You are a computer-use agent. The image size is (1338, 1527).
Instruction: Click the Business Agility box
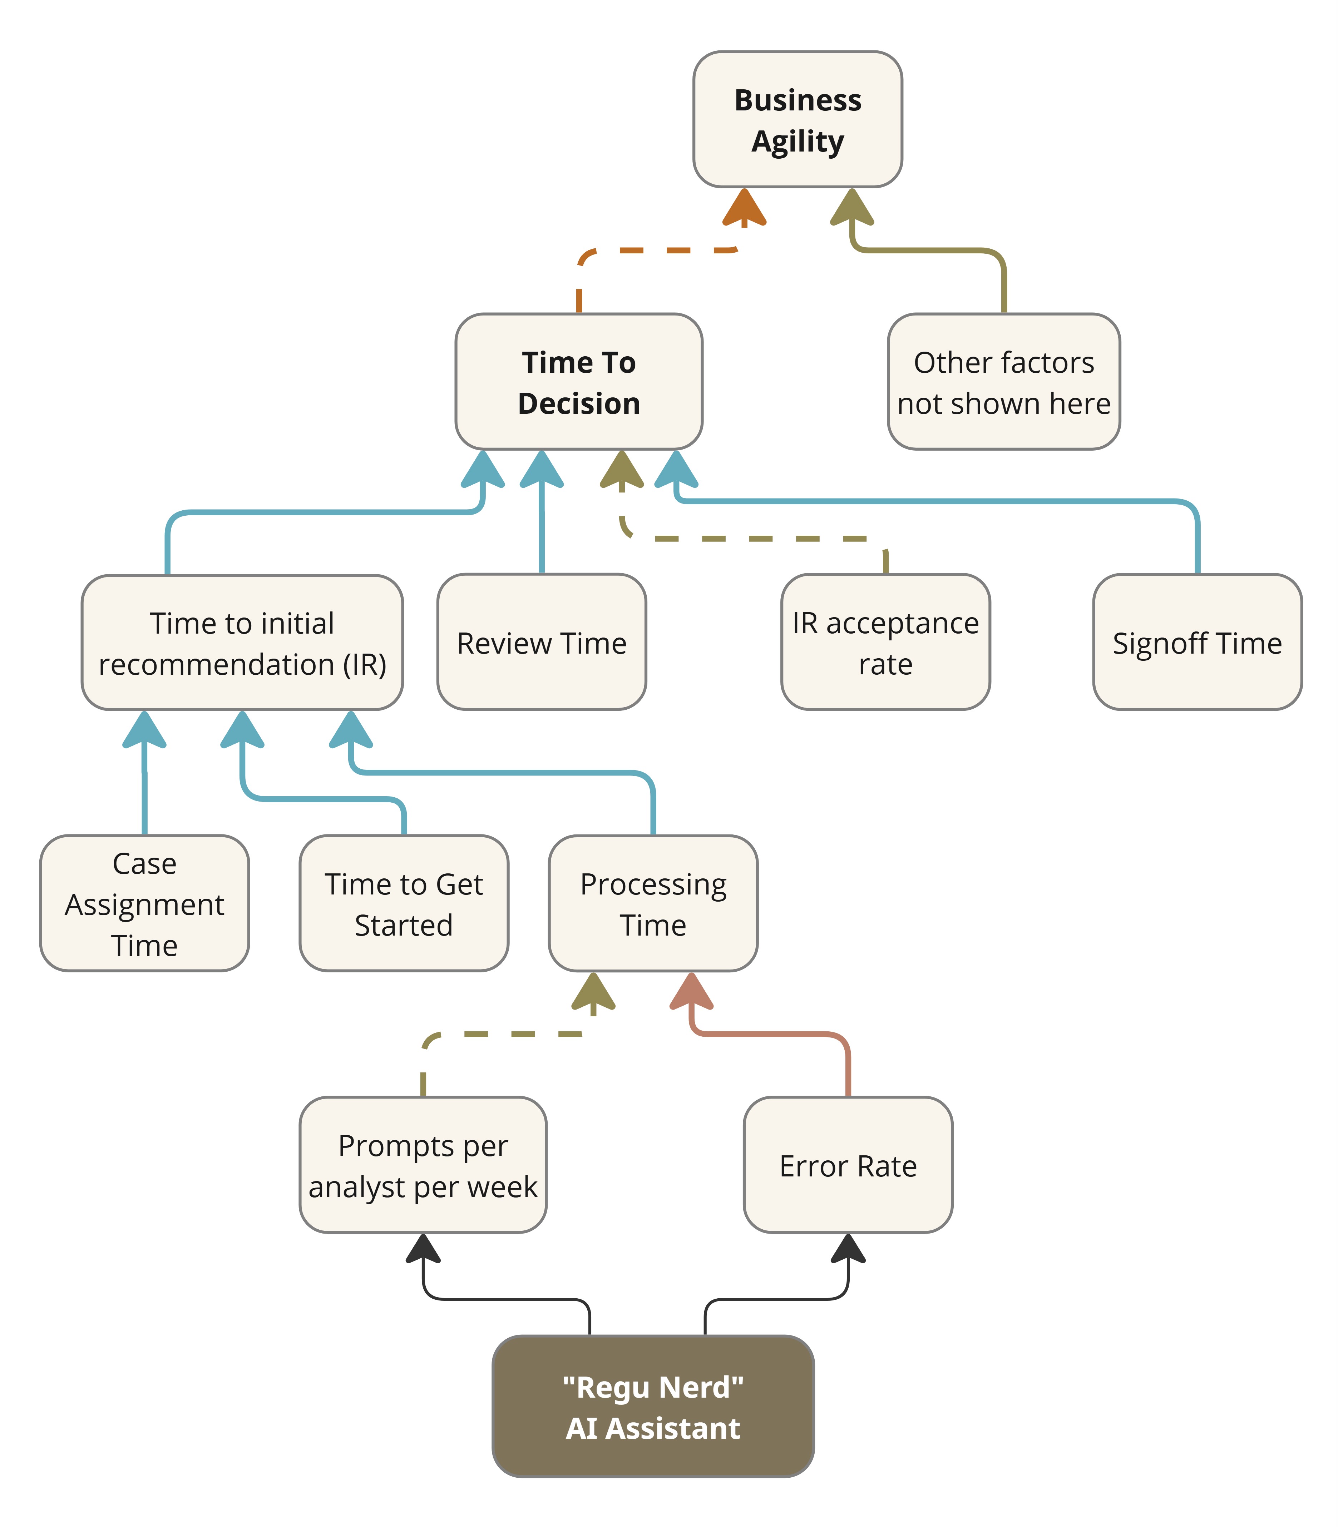click(798, 119)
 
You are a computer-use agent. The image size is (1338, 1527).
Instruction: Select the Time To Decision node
click(579, 381)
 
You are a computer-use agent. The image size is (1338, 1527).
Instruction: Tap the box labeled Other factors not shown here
click(1003, 381)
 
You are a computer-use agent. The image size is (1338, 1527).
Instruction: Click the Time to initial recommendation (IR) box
click(242, 643)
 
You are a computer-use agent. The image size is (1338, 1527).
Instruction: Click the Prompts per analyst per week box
click(423, 1165)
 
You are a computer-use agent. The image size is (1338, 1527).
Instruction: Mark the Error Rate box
click(848, 1165)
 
